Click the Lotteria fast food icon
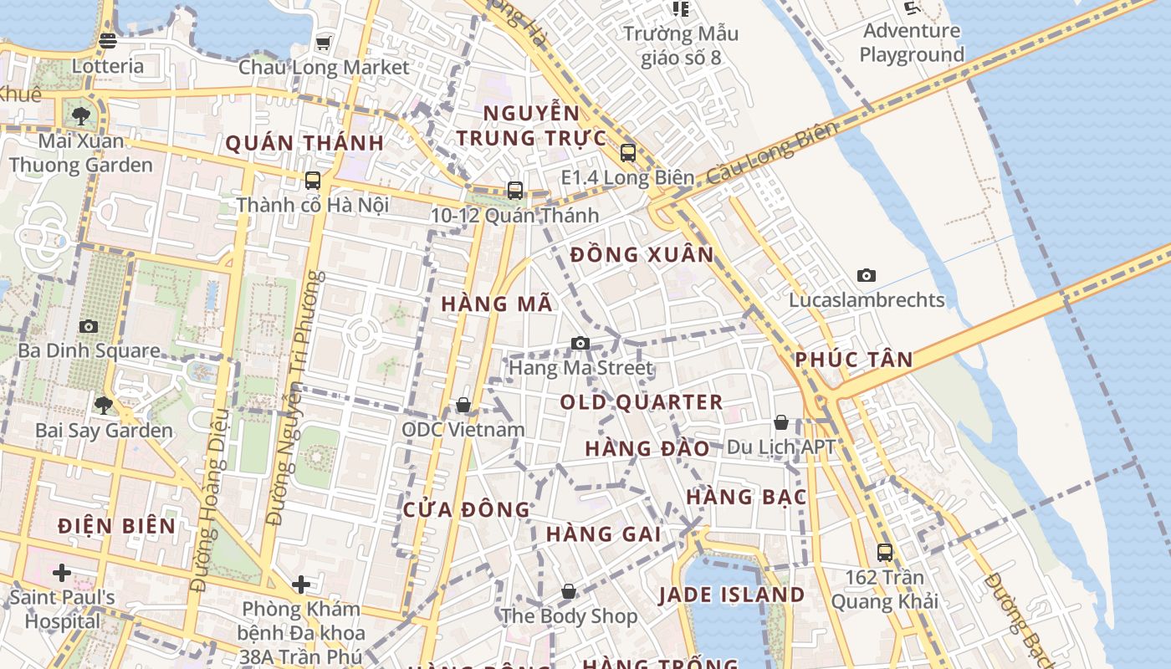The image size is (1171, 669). pyautogui.click(x=107, y=40)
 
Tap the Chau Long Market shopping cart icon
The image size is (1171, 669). pyautogui.click(x=323, y=43)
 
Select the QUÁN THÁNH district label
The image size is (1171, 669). pyautogui.click(x=304, y=143)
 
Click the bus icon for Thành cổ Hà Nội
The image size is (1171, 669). pyautogui.click(x=313, y=180)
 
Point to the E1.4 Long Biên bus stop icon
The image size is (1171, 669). pyautogui.click(x=627, y=153)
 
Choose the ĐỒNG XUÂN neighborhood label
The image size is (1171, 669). pyautogui.click(x=642, y=255)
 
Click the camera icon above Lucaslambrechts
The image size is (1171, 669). pyautogui.click(x=867, y=275)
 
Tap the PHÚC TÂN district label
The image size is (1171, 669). pyautogui.click(x=854, y=360)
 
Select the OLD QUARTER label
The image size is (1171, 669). pyautogui.click(x=642, y=402)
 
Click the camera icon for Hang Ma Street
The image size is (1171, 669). pyautogui.click(x=580, y=343)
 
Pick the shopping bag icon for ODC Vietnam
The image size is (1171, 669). pyautogui.click(x=463, y=406)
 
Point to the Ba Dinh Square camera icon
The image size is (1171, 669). pyautogui.click(x=89, y=326)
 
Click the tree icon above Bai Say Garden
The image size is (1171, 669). pyautogui.click(x=104, y=406)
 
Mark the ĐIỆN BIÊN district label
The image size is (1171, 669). pyautogui.click(x=117, y=526)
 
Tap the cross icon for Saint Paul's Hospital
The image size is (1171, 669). pyautogui.click(x=62, y=573)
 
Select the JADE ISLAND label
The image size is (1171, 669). pyautogui.click(x=732, y=595)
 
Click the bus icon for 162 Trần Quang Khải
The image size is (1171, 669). pyautogui.click(x=884, y=552)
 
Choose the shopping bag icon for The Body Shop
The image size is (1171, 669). pyautogui.click(x=569, y=592)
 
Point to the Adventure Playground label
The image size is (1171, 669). pyautogui.click(x=912, y=43)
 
